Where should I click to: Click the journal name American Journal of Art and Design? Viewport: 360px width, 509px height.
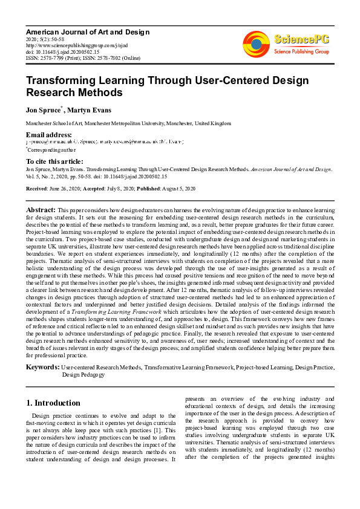point(79,31)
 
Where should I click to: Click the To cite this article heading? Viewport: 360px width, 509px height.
point(55,161)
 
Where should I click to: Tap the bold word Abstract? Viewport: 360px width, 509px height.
point(41,209)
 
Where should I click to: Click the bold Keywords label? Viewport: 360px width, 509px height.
point(42,366)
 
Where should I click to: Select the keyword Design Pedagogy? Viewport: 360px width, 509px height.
point(83,375)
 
